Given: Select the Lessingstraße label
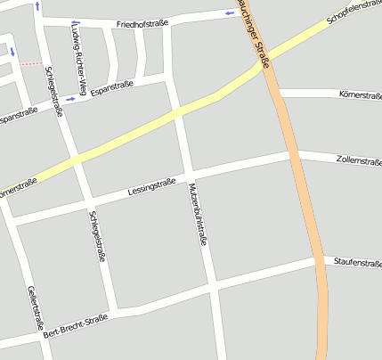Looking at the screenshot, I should point(151,187).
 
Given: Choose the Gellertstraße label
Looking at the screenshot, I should point(35,308).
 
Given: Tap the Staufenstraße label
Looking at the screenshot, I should point(357,262).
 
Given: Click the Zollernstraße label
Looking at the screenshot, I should point(359,161).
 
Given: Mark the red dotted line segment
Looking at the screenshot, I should point(31,63).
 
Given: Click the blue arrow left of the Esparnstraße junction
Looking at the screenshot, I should point(70,98).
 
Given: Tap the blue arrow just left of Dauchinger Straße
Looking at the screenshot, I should point(231,13).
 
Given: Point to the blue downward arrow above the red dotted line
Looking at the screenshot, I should point(12,52).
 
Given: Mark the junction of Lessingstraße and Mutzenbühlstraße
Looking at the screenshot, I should point(190,172).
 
